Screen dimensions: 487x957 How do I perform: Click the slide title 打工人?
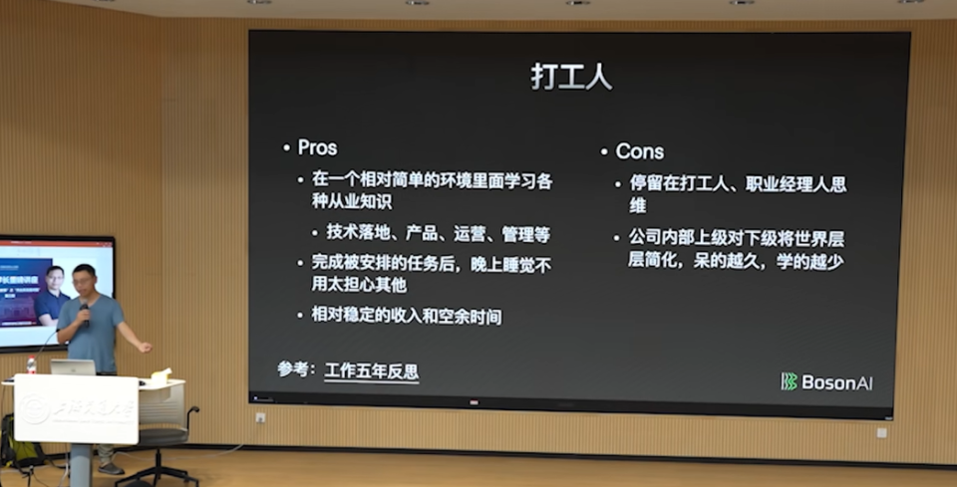point(570,79)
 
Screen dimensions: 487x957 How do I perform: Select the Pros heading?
point(317,147)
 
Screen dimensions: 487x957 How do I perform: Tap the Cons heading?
point(639,151)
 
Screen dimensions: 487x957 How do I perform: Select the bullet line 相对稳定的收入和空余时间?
point(406,317)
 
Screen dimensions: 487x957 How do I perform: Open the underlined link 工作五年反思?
point(371,371)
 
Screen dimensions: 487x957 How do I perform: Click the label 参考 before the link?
point(295,370)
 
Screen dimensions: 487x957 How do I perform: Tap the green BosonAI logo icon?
point(789,381)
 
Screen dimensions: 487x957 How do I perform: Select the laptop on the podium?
point(73,367)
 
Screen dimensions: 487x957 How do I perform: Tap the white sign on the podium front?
point(76,408)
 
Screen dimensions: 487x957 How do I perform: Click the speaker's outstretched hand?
point(146,347)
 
